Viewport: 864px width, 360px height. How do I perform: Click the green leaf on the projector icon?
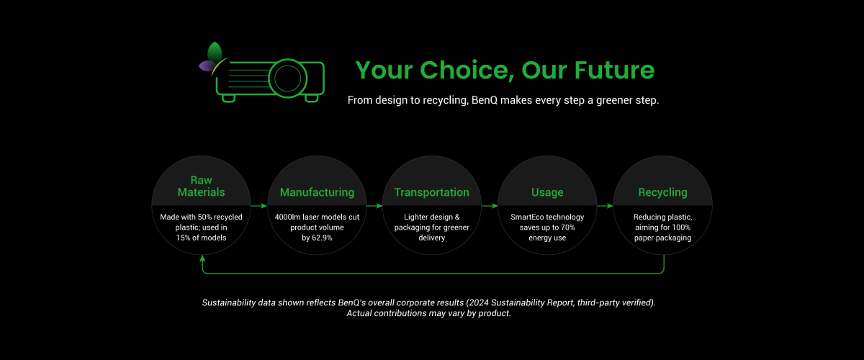point(215,52)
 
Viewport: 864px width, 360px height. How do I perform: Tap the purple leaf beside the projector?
point(207,66)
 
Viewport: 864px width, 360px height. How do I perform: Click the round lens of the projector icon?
point(287,78)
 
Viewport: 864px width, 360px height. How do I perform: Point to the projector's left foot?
point(228,98)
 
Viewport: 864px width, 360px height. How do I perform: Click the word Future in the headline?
point(614,70)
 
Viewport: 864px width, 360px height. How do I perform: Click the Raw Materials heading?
point(201,186)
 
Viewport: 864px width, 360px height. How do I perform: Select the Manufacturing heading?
point(317,192)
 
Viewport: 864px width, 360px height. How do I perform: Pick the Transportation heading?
point(431,192)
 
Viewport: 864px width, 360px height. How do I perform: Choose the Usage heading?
point(547,192)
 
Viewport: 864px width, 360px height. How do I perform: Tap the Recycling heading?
point(662,192)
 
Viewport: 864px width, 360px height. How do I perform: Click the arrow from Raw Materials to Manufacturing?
point(258,206)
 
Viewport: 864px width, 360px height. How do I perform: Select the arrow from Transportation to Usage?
point(490,206)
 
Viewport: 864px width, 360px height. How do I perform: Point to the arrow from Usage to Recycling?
point(605,206)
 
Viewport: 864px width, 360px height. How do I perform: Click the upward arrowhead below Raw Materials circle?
point(202,258)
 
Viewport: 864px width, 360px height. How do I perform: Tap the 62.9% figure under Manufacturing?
point(322,238)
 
